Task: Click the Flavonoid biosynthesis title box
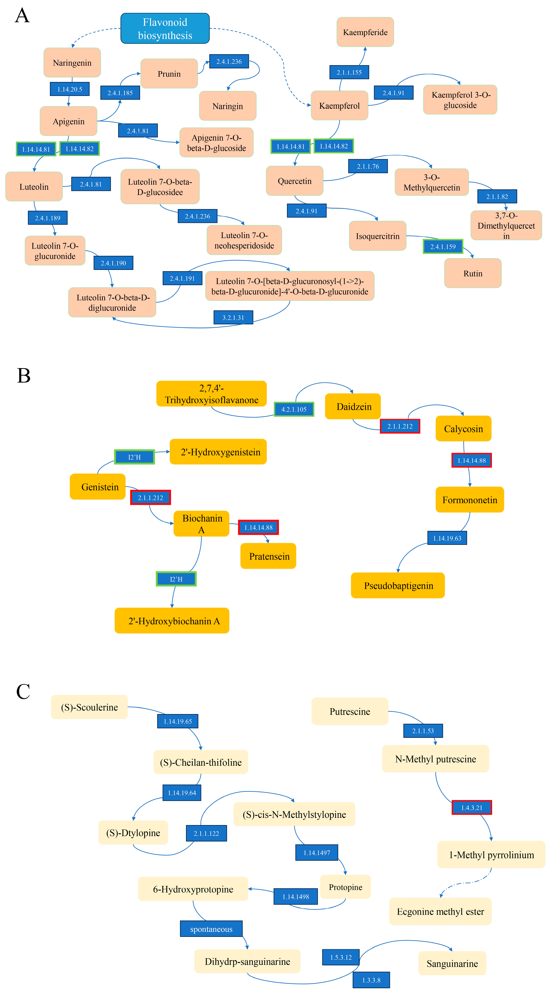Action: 165,29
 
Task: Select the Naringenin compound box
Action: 72,63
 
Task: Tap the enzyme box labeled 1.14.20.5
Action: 69,89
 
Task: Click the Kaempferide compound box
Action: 365,32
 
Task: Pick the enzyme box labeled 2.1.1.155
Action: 349,72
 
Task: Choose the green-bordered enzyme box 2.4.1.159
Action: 443,246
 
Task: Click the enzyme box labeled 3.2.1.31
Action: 233,318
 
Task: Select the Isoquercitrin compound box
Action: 377,236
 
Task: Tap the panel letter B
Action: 24,375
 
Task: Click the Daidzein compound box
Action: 353,406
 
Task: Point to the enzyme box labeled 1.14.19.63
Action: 447,538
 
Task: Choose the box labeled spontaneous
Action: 211,929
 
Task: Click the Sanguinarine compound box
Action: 452,963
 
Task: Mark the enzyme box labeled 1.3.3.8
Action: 371,980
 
